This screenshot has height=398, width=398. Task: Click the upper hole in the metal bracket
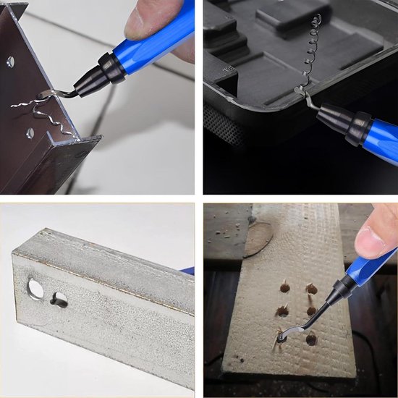(x=10, y=62)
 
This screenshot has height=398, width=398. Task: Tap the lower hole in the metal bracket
(x=30, y=133)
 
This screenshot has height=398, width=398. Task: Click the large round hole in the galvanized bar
(x=35, y=288)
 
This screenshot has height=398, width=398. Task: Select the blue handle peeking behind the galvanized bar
(x=188, y=271)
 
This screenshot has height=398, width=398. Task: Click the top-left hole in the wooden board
(x=284, y=288)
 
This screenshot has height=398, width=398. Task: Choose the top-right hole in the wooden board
(x=311, y=289)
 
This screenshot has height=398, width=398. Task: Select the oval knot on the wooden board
(x=258, y=240)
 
